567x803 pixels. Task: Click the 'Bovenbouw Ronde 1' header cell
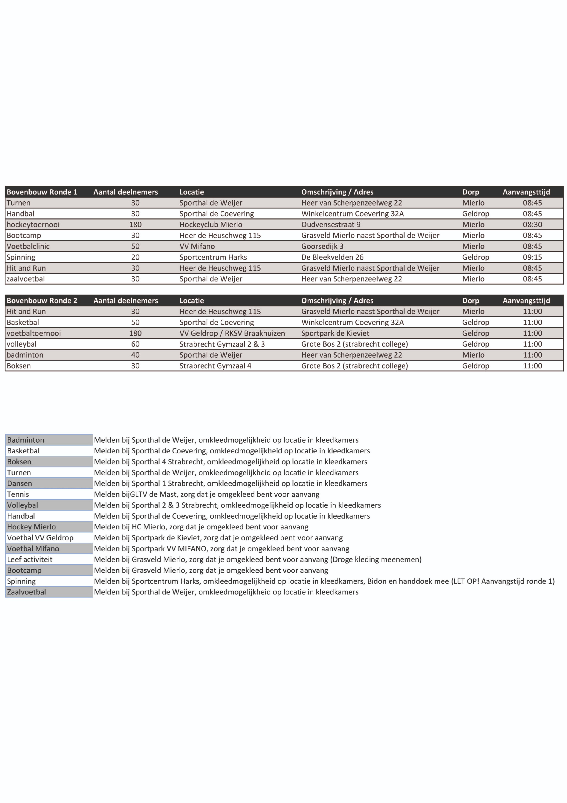point(42,192)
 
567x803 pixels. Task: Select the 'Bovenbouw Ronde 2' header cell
point(42,301)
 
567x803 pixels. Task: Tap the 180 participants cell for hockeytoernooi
point(135,225)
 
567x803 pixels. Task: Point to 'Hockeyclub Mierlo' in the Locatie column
point(211,225)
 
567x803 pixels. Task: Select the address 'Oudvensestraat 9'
point(330,225)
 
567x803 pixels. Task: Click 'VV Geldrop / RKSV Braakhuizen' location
point(232,333)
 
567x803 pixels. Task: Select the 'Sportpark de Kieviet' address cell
point(335,333)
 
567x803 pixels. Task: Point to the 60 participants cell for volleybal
point(135,344)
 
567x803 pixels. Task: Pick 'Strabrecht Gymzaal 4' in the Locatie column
point(215,366)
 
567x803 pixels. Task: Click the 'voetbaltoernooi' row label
point(34,333)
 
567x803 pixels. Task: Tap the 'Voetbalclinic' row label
point(28,246)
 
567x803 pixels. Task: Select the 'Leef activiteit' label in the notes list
point(30,560)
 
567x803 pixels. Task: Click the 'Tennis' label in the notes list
point(18,494)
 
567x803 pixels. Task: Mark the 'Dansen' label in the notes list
point(20,484)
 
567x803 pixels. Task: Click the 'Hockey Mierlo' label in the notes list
point(31,527)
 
